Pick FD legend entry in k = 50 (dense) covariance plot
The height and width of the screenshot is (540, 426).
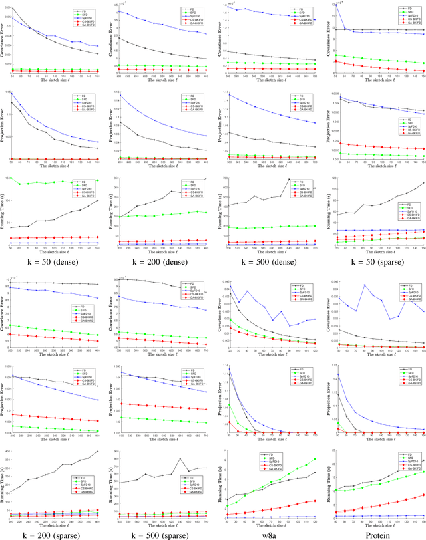(x=85, y=6)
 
